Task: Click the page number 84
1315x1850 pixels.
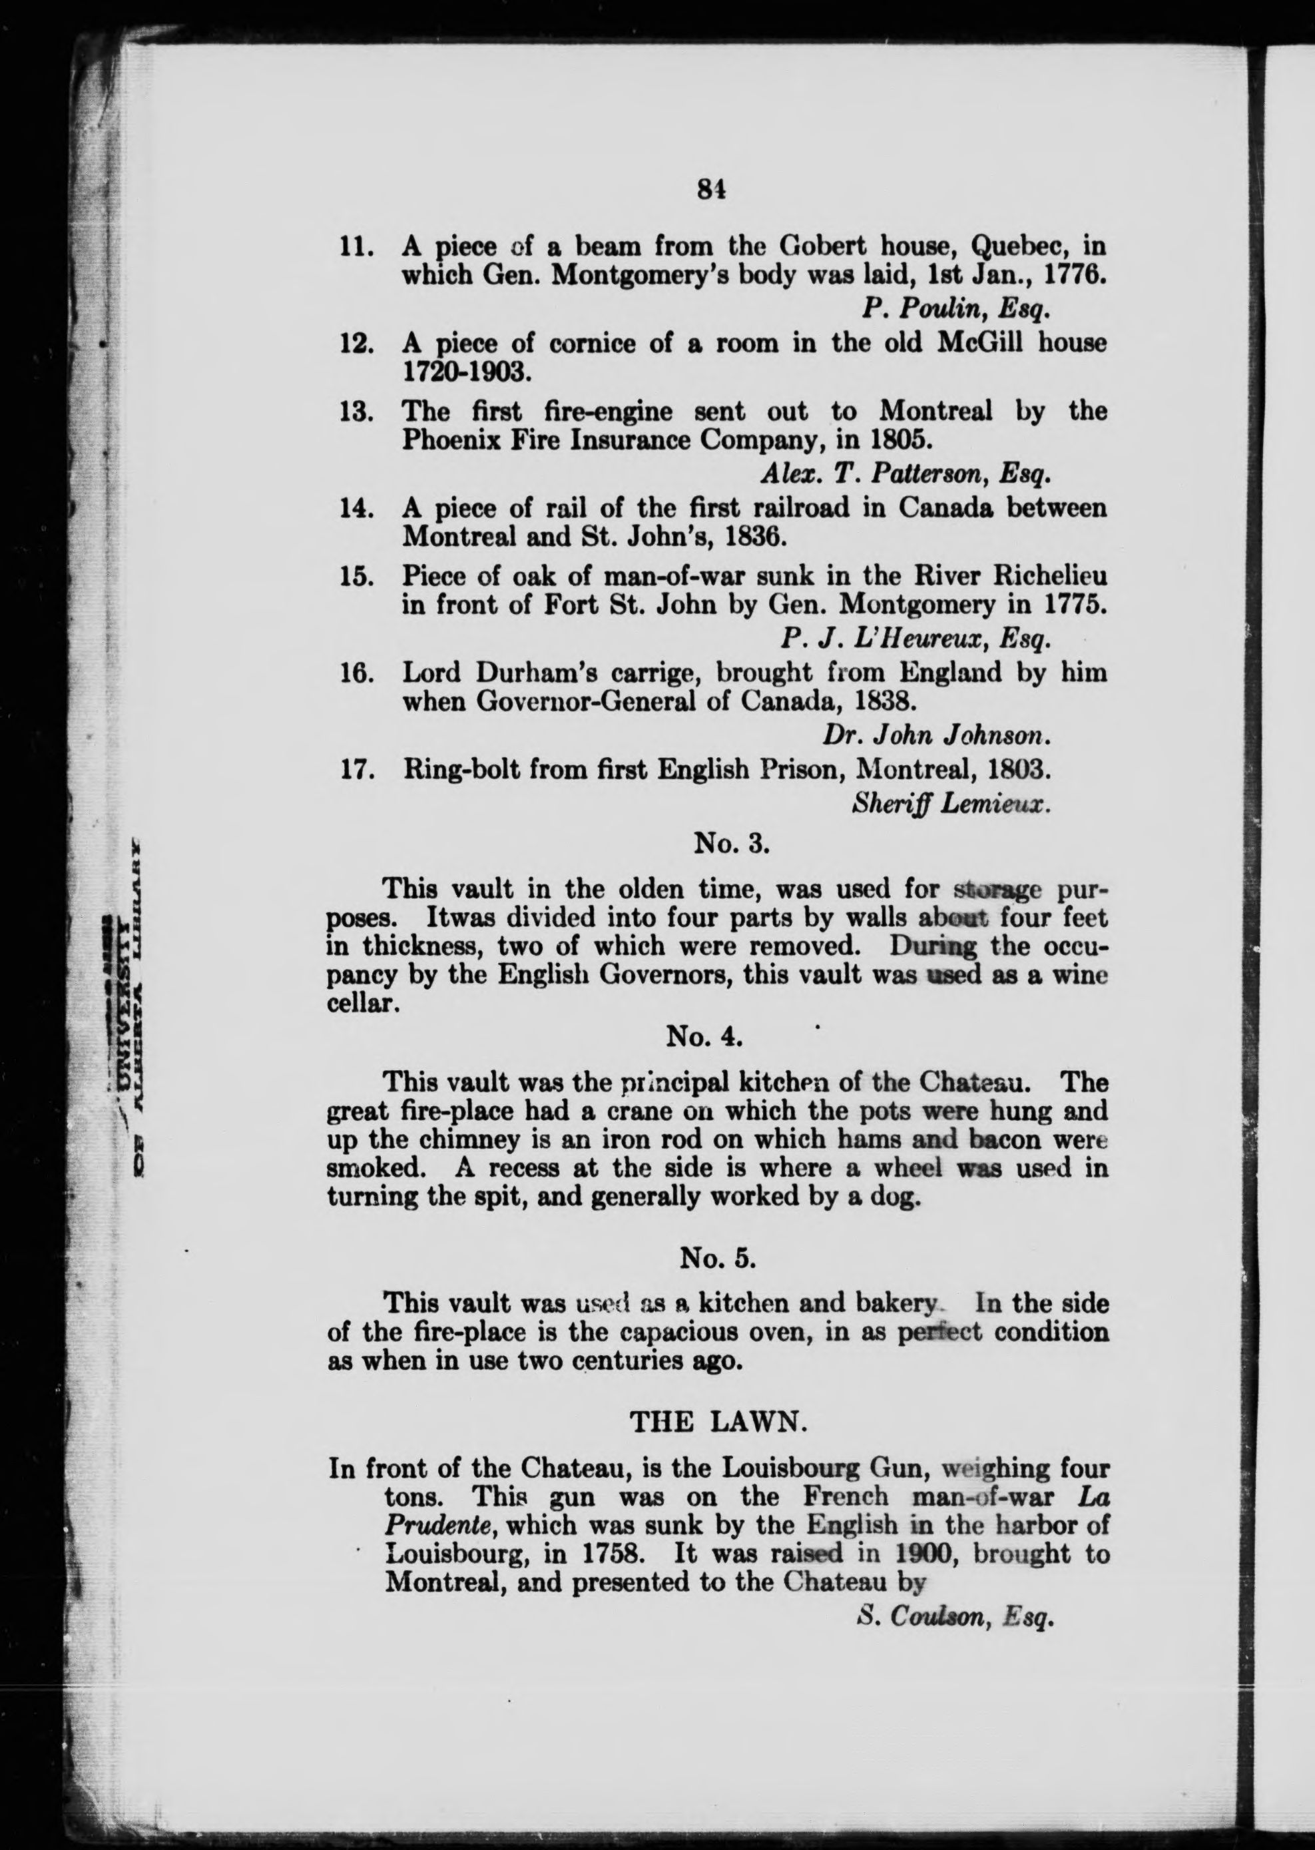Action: pos(709,188)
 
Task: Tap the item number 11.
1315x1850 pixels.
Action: pos(356,246)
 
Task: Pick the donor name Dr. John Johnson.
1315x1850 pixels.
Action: pos(937,735)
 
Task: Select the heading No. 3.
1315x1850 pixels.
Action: pos(730,844)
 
